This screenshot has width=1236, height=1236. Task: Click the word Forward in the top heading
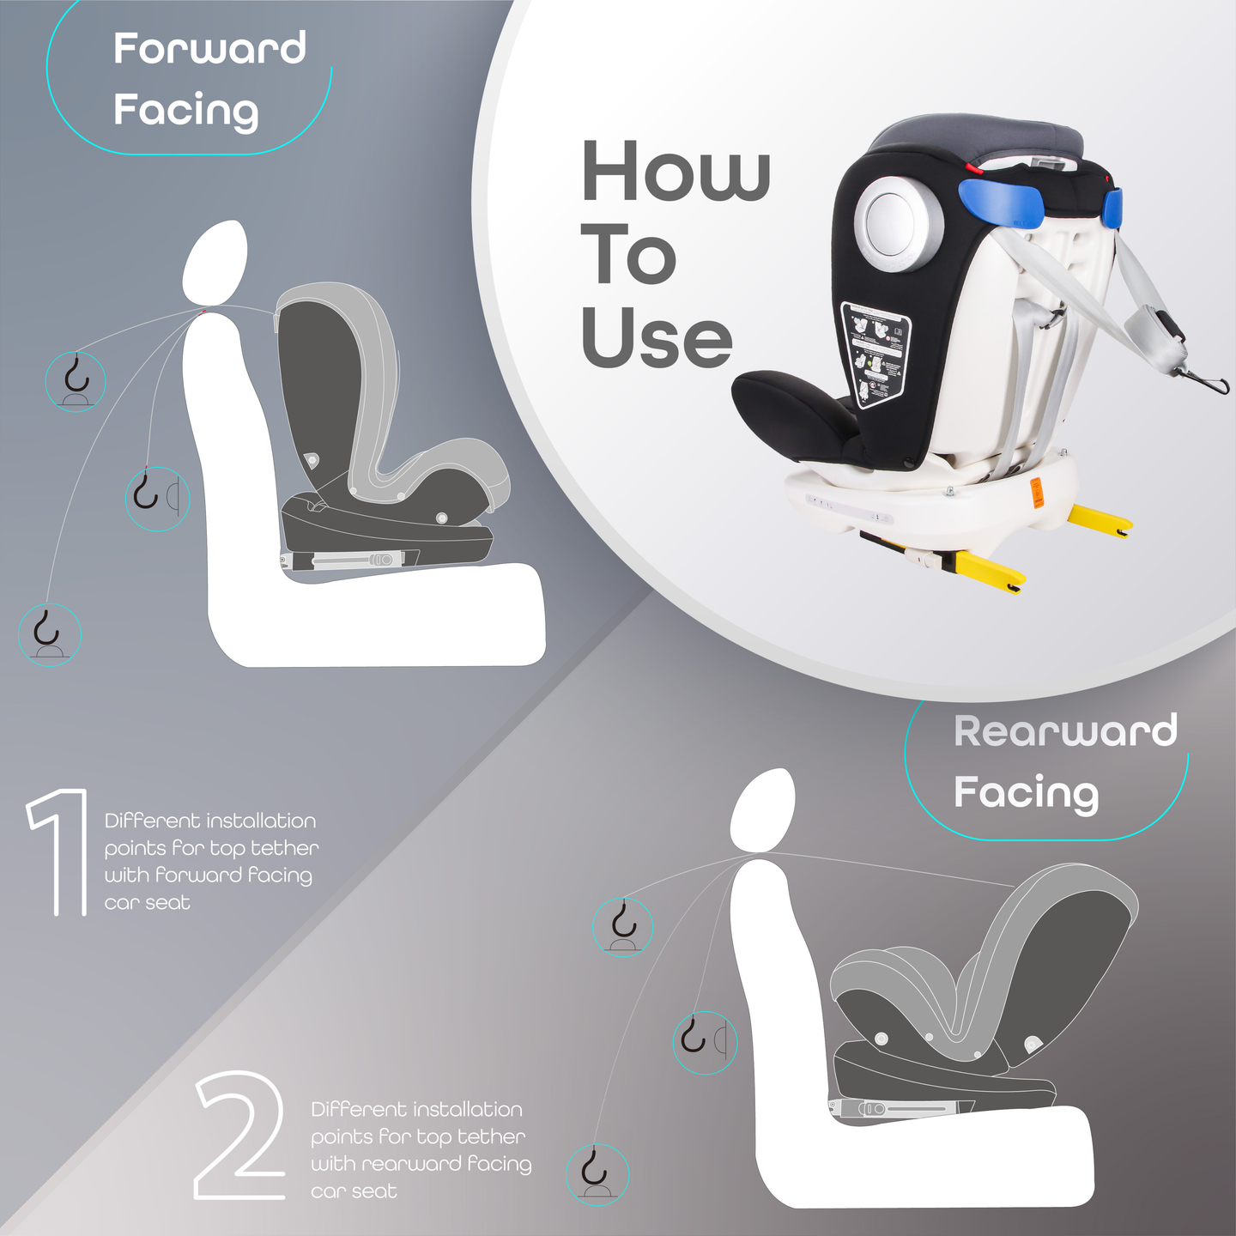pos(209,48)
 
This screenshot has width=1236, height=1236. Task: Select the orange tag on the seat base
pos(1037,493)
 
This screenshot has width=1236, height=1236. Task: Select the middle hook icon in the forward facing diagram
pos(158,499)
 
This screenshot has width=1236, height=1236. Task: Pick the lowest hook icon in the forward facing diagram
pos(50,634)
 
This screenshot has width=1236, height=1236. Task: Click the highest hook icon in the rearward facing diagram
pos(623,927)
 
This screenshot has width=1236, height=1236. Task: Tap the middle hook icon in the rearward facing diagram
pos(705,1042)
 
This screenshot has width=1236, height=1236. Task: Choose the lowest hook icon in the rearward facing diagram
pos(597,1175)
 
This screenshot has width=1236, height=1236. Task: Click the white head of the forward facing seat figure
pos(215,263)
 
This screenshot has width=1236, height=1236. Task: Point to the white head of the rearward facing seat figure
pos(763,811)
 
